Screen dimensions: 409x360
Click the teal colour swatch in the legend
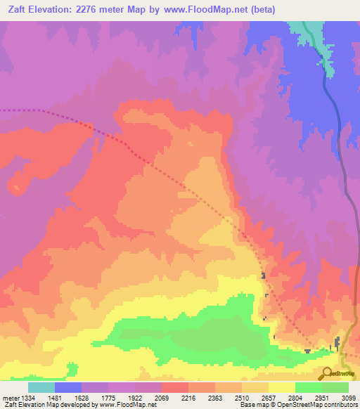pos(41,387)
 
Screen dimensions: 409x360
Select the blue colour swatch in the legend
pos(67,387)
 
